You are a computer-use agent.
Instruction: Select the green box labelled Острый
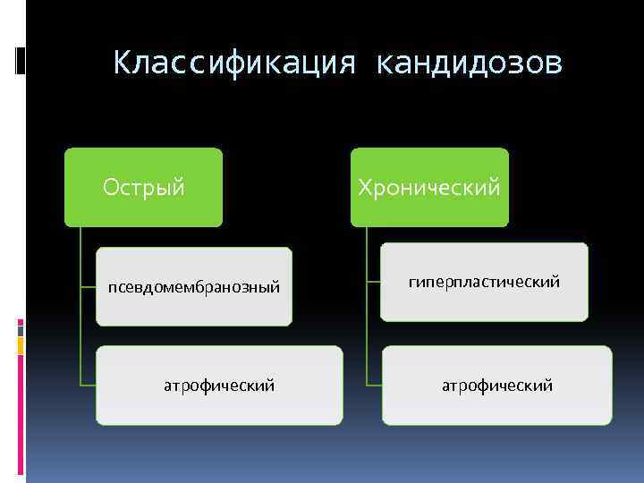click(143, 187)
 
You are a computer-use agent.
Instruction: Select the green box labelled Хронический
click(429, 187)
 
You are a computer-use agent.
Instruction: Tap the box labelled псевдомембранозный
click(194, 286)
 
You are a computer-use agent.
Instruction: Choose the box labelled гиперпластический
click(484, 282)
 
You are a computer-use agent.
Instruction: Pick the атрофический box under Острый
click(219, 386)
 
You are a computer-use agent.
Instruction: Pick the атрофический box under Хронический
click(497, 386)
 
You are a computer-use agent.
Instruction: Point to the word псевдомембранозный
click(194, 287)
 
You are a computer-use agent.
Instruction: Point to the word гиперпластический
click(484, 282)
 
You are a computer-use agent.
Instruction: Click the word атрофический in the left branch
click(219, 386)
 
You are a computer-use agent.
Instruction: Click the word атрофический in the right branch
click(497, 386)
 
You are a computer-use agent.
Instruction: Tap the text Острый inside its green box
click(143, 187)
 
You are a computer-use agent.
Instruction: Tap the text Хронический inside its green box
click(429, 187)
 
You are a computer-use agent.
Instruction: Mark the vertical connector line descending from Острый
click(80, 304)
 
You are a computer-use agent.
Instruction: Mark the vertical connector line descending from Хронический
click(367, 304)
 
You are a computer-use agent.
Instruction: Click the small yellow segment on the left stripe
click(20, 343)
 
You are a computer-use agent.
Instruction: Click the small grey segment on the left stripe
click(20, 328)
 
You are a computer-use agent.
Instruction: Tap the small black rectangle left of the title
click(20, 59)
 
